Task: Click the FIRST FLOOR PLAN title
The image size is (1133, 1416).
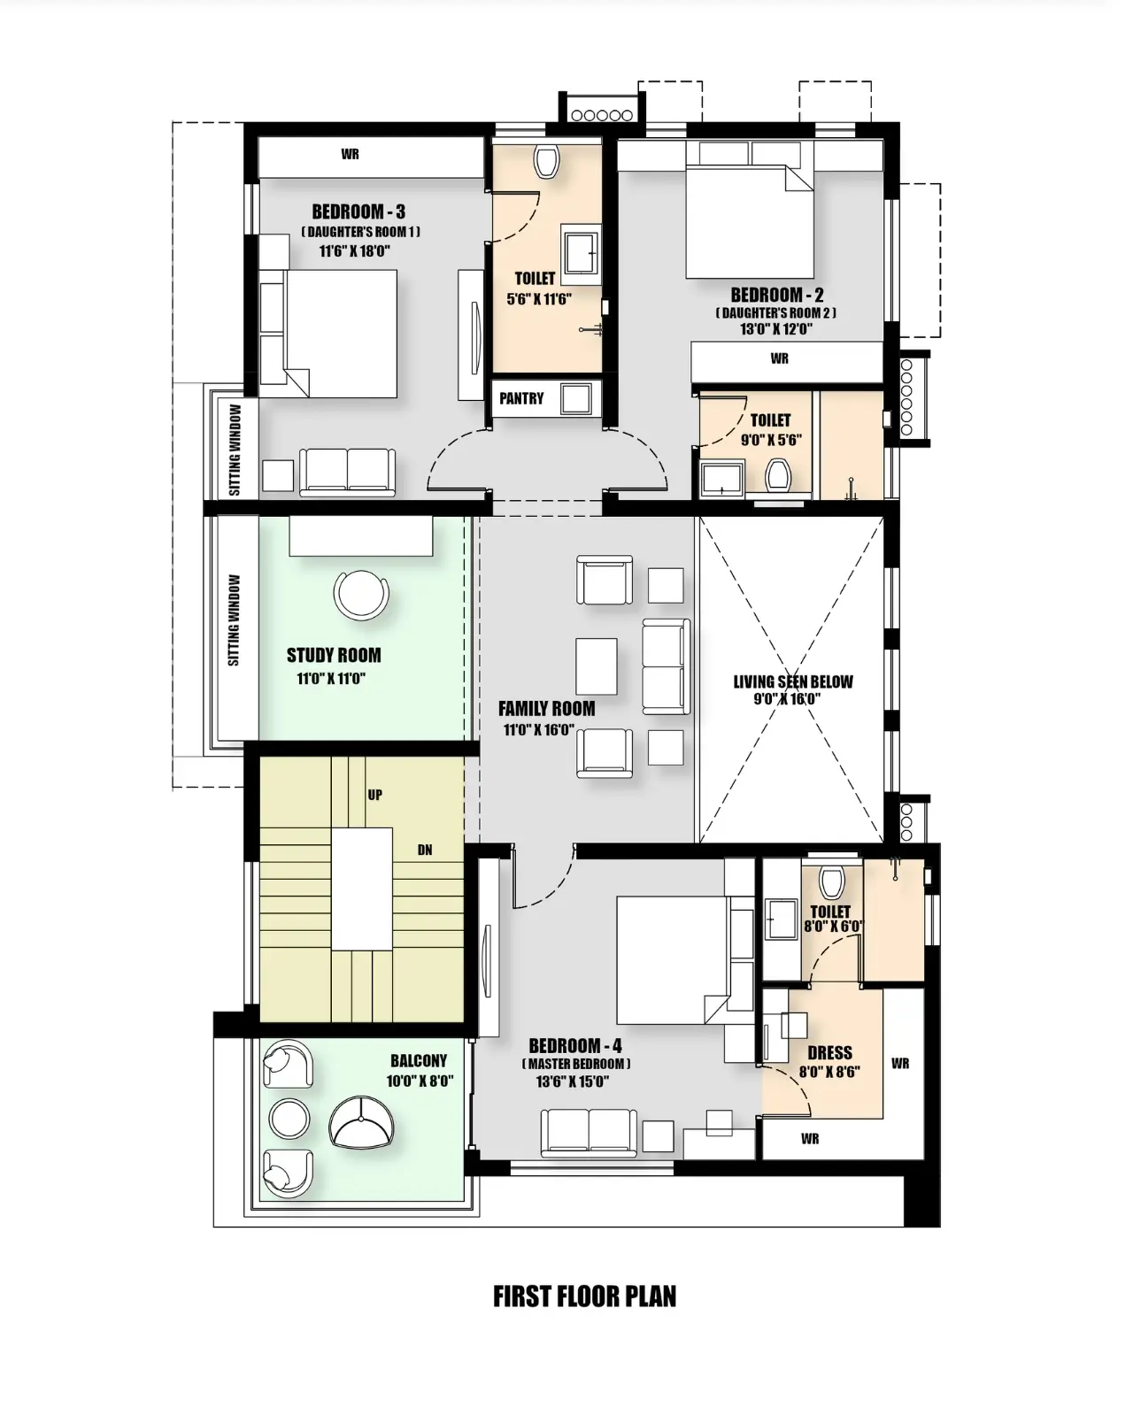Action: tap(584, 1297)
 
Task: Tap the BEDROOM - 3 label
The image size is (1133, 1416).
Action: tap(358, 212)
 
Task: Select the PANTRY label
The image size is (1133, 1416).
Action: tap(521, 398)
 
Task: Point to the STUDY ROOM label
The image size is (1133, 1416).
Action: tap(334, 656)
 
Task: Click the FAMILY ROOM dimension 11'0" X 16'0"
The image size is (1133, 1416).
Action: tap(538, 729)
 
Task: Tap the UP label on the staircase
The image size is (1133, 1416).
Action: tap(374, 795)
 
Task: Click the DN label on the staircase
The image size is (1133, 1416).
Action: tap(425, 850)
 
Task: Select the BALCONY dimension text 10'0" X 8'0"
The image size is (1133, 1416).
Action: tap(420, 1081)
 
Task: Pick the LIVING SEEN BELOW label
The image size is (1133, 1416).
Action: tap(792, 681)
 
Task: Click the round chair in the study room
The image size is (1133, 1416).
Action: tap(361, 594)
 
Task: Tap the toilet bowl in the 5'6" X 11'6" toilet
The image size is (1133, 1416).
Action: tap(546, 161)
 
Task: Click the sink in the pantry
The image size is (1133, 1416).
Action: tap(576, 398)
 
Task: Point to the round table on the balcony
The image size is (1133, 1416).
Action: tap(289, 1117)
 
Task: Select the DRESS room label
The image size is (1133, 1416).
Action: tap(829, 1053)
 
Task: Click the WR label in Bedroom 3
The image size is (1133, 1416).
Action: tap(350, 154)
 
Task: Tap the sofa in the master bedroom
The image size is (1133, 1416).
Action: tap(589, 1133)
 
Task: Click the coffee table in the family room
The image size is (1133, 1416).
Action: tap(597, 666)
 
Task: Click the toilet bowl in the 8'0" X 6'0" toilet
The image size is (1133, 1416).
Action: tap(831, 882)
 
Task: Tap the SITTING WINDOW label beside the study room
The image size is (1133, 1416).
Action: tap(234, 619)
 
